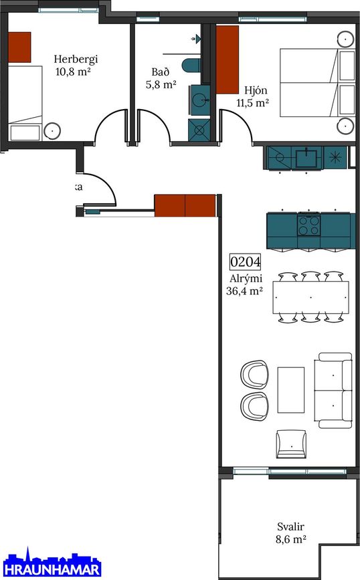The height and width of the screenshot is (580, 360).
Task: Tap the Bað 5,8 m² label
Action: pos(161,79)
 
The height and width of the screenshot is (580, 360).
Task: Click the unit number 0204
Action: pos(245,262)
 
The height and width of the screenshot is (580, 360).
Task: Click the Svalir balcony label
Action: pos(291,531)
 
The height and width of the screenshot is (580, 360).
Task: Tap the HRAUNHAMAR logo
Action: pos(51,569)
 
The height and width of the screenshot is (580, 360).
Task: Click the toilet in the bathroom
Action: pos(193,65)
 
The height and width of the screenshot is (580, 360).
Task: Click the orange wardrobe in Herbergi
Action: pos(19,45)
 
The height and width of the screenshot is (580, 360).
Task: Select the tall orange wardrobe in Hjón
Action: pos(228,59)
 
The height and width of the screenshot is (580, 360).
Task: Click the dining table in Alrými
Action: pos(310,297)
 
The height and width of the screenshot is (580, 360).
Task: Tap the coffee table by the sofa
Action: pos(290,389)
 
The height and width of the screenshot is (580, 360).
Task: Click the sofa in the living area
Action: pos(335,390)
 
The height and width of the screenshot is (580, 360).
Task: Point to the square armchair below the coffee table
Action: pos(291,443)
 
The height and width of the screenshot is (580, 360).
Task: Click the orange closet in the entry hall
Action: pos(185,205)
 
